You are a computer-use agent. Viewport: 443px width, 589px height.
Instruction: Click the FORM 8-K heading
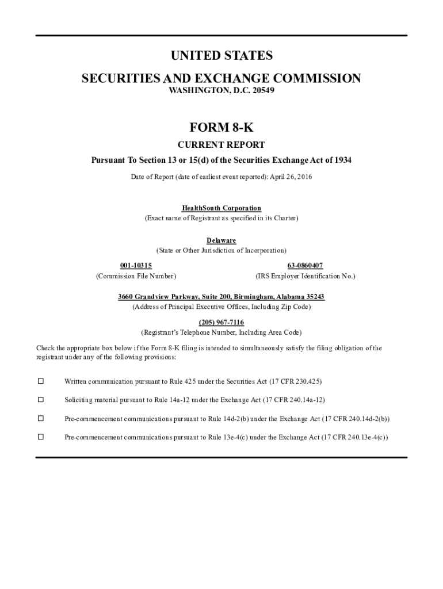(x=221, y=127)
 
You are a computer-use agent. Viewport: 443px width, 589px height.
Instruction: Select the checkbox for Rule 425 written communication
(x=41, y=381)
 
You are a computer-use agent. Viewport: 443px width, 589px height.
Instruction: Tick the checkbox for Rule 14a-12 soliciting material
(x=41, y=400)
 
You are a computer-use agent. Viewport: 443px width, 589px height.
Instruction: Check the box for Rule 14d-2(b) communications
(x=41, y=419)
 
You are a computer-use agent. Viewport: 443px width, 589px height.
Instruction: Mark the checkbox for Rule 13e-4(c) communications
(x=41, y=437)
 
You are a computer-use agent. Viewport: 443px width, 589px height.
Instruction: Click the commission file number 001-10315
(x=136, y=265)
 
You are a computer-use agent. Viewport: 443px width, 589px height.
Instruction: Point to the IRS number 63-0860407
(x=305, y=265)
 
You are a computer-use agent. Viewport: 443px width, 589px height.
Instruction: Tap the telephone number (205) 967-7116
(x=221, y=322)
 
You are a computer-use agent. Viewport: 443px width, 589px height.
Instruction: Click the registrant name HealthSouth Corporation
(x=221, y=208)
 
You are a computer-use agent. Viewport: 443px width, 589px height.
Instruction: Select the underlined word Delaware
(x=221, y=240)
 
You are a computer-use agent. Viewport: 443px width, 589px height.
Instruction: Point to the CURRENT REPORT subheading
(x=221, y=145)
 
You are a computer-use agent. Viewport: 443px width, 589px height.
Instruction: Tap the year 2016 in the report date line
(x=303, y=176)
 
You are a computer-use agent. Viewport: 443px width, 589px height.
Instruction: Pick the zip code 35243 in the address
(x=315, y=297)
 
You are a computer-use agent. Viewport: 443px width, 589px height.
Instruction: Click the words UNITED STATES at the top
(x=221, y=56)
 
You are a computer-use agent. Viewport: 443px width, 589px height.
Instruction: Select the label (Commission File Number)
(x=136, y=277)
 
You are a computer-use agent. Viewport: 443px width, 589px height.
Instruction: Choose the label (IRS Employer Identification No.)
(x=305, y=277)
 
